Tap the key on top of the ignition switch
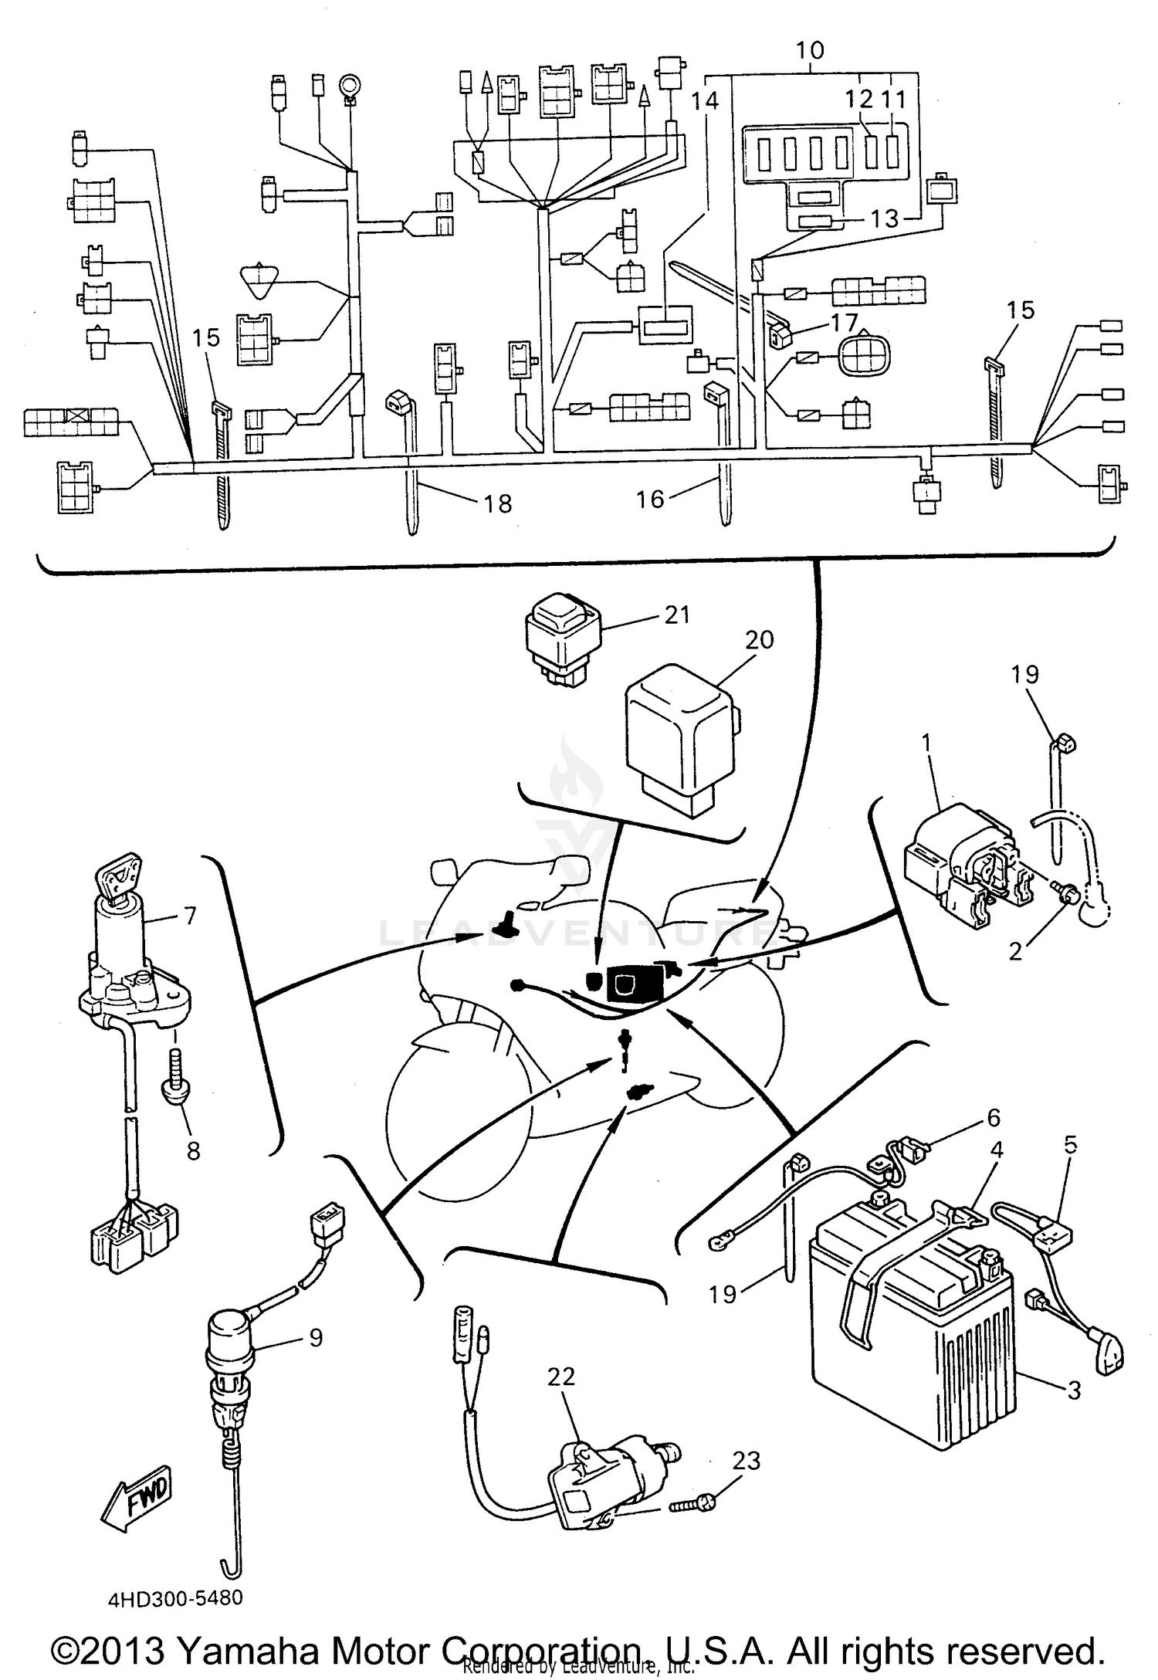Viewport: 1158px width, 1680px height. (x=120, y=874)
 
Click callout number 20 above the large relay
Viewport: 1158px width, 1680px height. (x=759, y=640)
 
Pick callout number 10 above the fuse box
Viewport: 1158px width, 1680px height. (x=810, y=51)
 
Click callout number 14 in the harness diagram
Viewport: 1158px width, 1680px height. (x=705, y=100)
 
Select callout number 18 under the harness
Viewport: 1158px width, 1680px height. (x=498, y=504)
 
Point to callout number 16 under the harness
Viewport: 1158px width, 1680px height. (x=650, y=500)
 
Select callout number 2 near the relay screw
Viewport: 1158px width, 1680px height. (x=1015, y=951)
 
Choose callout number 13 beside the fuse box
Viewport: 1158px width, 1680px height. (x=885, y=219)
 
